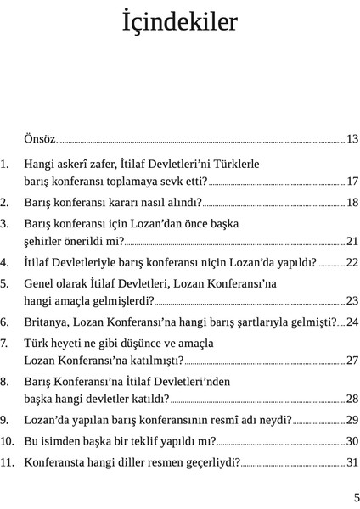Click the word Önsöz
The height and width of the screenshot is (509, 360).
coord(40,137)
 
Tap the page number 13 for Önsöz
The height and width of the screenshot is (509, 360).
coord(352,137)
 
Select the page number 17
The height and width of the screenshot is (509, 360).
coord(352,181)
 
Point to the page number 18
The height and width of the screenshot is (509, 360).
coord(352,203)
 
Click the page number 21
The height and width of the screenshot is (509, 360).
coord(352,241)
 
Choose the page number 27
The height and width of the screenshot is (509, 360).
coord(352,361)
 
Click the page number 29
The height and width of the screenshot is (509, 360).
coord(352,420)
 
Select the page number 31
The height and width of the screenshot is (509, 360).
coord(352,463)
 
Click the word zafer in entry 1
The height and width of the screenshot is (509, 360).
coord(111,165)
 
